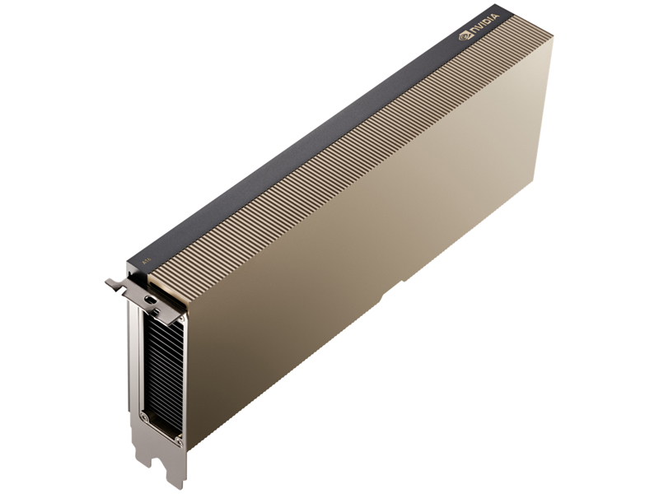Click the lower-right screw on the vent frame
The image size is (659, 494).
click(178, 442)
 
